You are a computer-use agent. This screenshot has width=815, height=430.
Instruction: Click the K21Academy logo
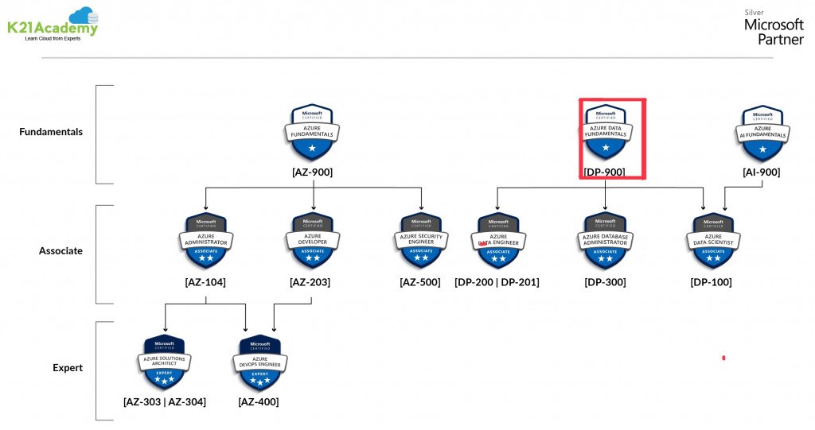53,24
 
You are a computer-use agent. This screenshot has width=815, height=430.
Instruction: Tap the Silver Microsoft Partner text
774,27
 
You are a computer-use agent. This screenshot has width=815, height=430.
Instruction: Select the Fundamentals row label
51,132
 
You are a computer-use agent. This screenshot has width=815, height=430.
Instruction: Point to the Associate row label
60,251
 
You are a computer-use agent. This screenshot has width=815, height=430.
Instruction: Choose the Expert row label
68,368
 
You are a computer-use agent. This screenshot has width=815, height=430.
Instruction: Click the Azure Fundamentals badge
312,132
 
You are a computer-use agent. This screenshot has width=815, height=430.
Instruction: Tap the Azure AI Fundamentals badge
763,132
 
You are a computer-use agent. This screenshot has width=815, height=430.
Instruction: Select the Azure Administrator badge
206,241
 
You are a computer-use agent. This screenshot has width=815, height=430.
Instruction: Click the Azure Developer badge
313,241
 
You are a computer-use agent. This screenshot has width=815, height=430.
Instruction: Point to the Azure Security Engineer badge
420,241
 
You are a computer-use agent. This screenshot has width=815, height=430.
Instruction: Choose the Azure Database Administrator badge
605,241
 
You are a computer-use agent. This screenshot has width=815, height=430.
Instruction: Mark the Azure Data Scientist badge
712,241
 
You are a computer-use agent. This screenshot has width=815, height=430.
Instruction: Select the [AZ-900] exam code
312,172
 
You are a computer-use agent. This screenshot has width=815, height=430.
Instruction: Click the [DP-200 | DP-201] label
497,282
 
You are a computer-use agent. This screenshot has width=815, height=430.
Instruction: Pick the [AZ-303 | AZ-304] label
165,402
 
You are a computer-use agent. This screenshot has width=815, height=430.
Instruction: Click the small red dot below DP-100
723,358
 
